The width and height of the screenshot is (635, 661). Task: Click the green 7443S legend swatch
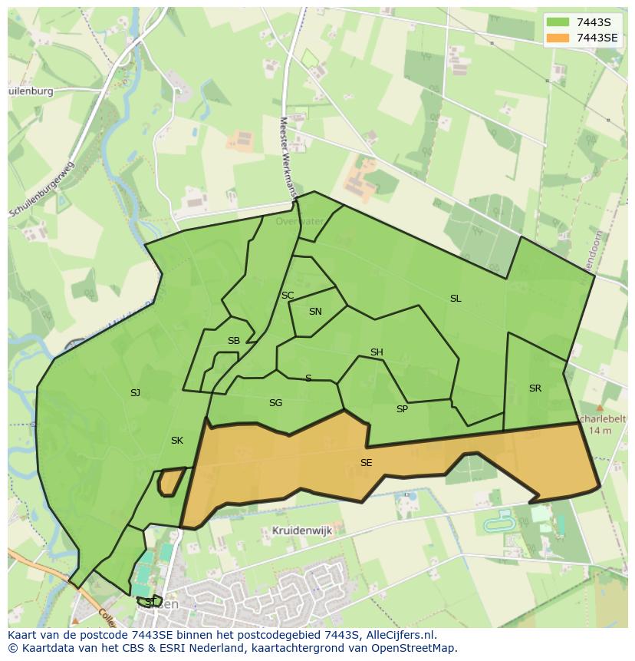(x=558, y=22)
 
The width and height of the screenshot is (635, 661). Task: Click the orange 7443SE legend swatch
(x=558, y=38)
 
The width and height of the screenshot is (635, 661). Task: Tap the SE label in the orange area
(x=366, y=463)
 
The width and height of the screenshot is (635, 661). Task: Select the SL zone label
(x=456, y=299)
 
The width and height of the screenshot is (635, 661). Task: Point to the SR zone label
(x=535, y=388)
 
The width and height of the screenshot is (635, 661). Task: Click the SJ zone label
(x=135, y=393)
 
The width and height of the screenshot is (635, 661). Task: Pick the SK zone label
(x=177, y=441)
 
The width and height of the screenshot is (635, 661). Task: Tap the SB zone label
(x=234, y=341)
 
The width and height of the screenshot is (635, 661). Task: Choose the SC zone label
(x=288, y=296)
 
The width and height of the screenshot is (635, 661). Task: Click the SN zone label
(x=315, y=312)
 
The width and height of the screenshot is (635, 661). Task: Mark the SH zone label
(x=377, y=352)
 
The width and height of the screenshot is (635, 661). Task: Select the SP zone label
(x=402, y=409)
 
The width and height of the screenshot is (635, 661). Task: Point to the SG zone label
(x=275, y=403)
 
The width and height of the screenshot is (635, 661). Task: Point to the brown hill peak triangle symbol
(x=600, y=408)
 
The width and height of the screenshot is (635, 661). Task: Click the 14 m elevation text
(x=601, y=431)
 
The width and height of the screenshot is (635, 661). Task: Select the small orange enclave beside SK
(x=169, y=482)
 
